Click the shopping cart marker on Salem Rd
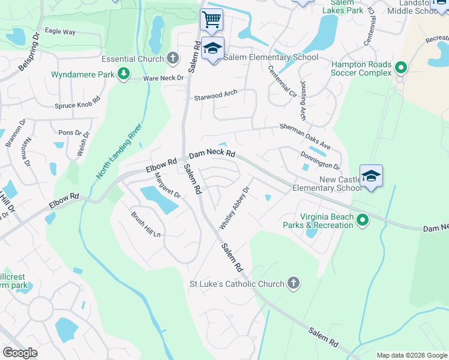point(211,19)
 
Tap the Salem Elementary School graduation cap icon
point(212,48)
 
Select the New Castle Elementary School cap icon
point(371,176)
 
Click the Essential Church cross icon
point(173,59)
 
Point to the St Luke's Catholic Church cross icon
point(294,283)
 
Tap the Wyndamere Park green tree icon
point(123,74)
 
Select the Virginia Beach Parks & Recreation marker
point(363,221)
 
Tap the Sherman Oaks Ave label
point(305,129)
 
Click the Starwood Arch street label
point(215,95)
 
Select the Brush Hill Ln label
point(146,224)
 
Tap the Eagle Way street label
point(60,32)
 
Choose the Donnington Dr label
point(320,160)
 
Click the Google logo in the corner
point(20,353)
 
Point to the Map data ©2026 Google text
point(411,355)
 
